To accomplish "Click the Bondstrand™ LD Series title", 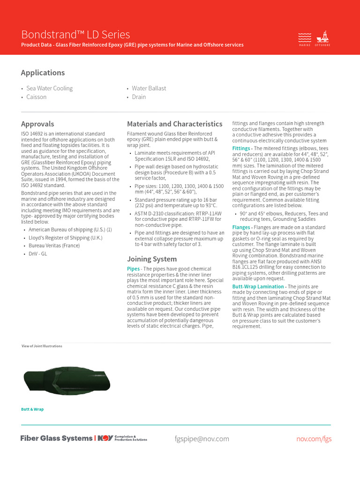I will click(x=75, y=35).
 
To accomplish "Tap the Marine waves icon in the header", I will click(x=305, y=37).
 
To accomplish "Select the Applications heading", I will click(x=43, y=73).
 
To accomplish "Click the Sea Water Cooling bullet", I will click(x=49, y=88).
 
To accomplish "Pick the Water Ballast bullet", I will click(x=149, y=88).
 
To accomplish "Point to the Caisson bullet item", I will click(x=36, y=97).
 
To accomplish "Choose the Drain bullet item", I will click(x=139, y=97).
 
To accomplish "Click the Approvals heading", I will click(x=37, y=124).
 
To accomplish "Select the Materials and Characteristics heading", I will click(x=175, y=124).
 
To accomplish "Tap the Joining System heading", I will click(x=152, y=259).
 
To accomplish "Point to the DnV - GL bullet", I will click(x=38, y=254).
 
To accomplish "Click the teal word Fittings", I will click(x=241, y=149).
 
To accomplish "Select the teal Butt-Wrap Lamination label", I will click(x=258, y=286).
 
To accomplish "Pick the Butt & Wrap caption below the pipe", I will click(x=32, y=409).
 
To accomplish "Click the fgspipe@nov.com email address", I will click(x=202, y=439).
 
